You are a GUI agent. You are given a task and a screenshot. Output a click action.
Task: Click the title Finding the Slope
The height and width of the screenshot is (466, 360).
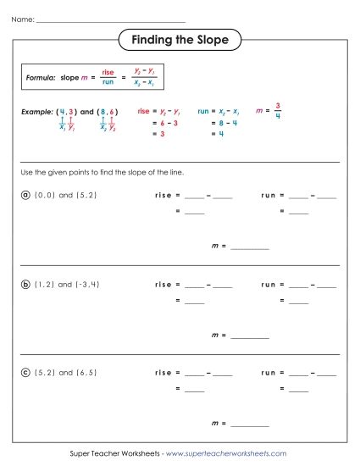point(180,40)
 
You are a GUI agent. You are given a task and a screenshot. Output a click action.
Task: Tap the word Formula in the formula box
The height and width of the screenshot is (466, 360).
point(42,77)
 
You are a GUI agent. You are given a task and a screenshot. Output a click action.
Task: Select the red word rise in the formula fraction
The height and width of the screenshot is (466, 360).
point(108,73)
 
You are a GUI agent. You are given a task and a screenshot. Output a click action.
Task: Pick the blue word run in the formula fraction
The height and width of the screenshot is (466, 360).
point(108,82)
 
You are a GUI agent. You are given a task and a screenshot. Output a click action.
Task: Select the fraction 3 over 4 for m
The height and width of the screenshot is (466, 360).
point(276,112)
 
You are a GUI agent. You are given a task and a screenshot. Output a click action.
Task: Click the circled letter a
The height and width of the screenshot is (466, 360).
point(25,195)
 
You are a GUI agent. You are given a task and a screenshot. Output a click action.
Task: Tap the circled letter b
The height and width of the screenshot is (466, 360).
point(25,286)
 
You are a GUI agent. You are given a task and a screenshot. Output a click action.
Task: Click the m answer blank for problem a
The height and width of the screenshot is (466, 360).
point(249,247)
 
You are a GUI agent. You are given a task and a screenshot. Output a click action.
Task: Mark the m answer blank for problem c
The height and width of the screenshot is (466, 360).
point(249,423)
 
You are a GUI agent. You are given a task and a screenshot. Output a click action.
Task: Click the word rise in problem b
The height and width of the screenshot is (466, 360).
point(163,286)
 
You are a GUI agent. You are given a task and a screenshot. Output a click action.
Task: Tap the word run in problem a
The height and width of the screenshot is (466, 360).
point(269,195)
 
